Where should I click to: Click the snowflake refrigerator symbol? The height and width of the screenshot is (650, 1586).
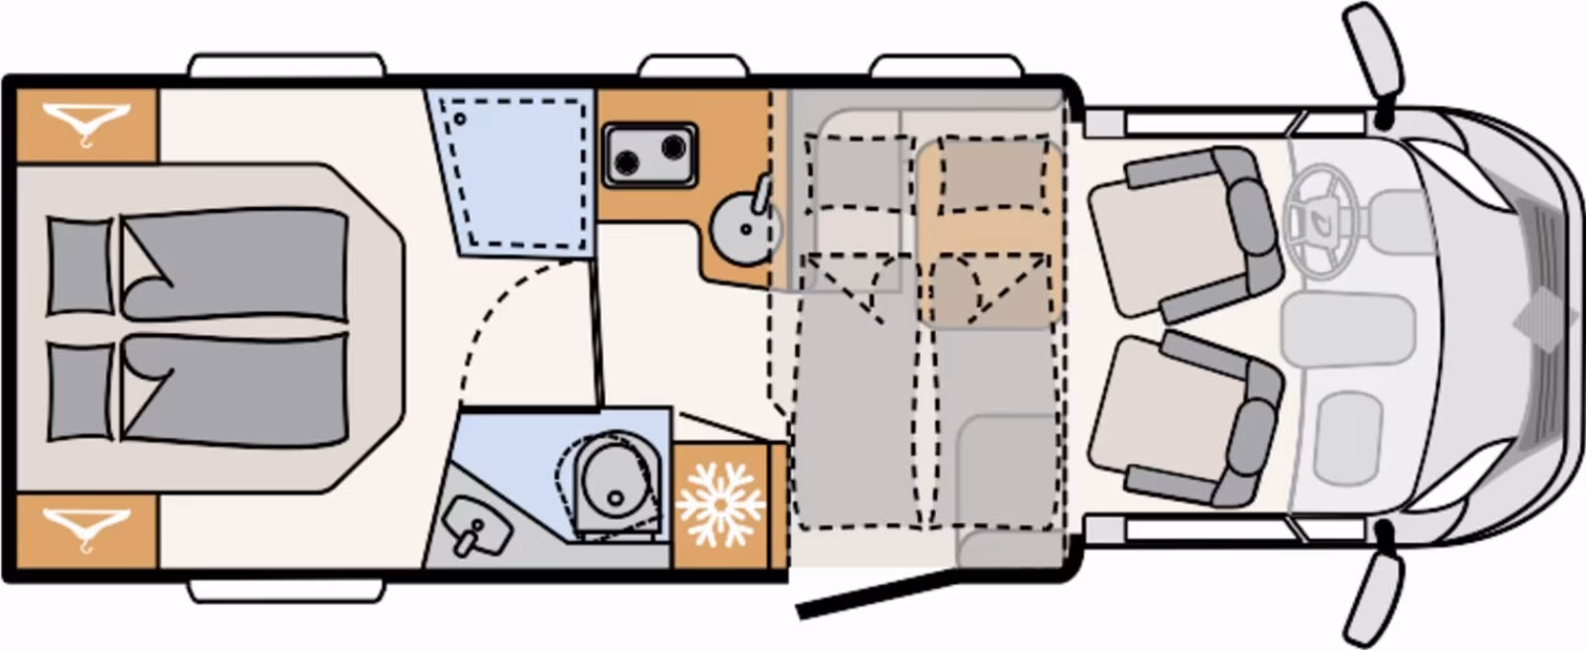[721, 504]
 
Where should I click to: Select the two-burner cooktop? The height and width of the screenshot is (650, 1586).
[649, 154]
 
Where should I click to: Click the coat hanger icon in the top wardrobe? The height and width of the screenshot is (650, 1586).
[86, 125]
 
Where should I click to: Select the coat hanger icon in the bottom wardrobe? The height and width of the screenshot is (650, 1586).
[86, 526]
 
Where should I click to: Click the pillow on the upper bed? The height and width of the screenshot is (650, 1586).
[79, 267]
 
